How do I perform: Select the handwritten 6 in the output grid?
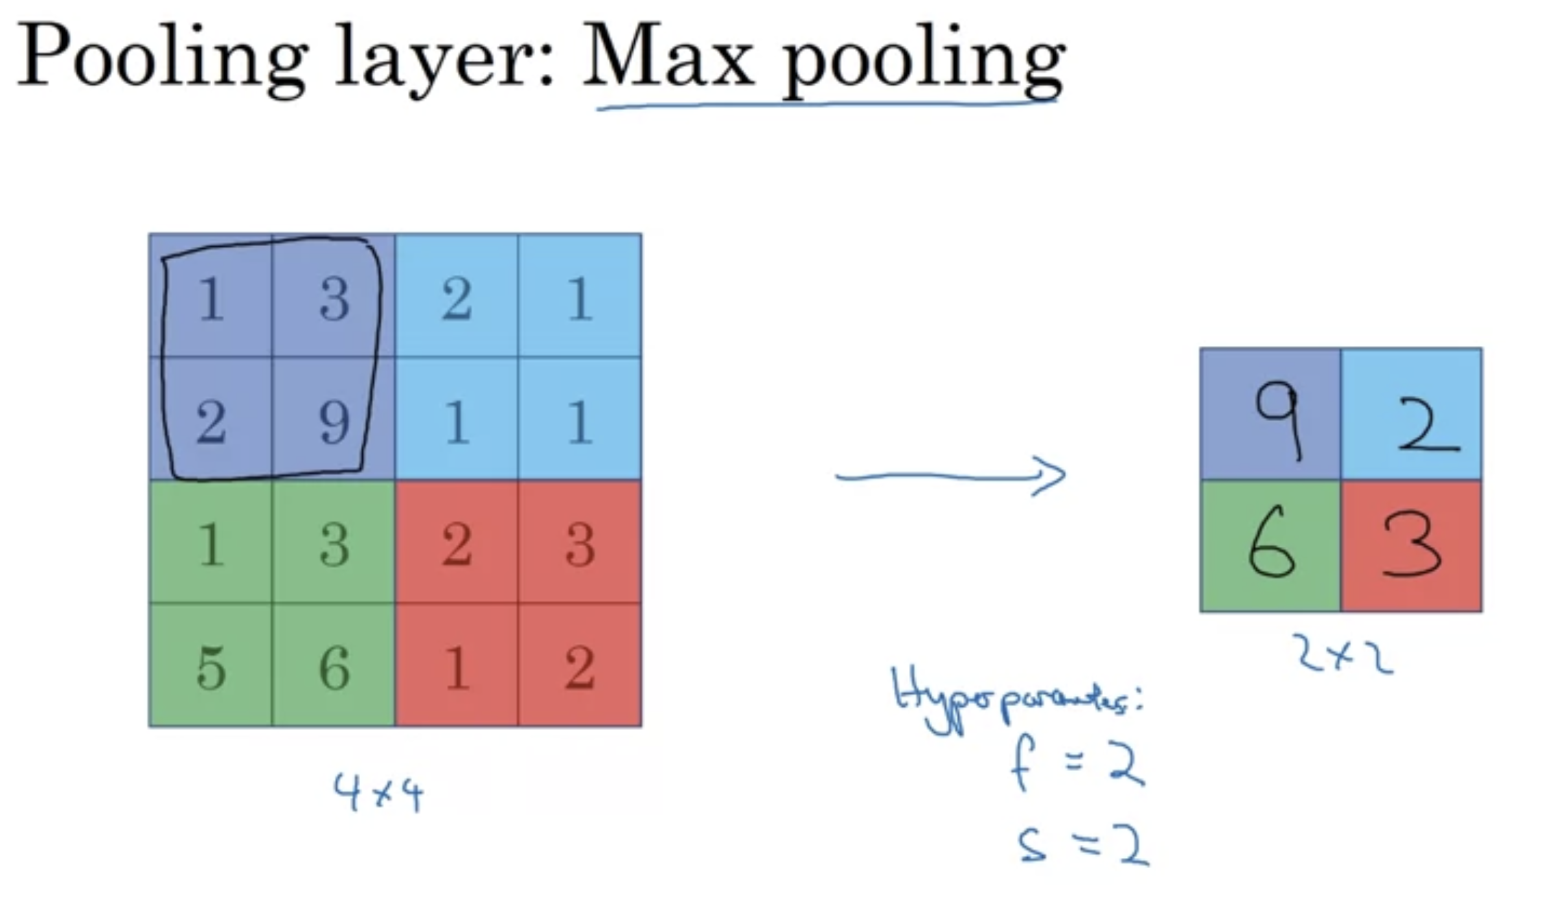coord(1271,543)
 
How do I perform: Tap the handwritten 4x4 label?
coord(379,792)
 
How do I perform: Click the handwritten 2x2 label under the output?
coord(1342,654)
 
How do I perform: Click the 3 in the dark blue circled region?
coord(334,299)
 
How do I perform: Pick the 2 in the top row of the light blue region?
coord(457,299)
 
